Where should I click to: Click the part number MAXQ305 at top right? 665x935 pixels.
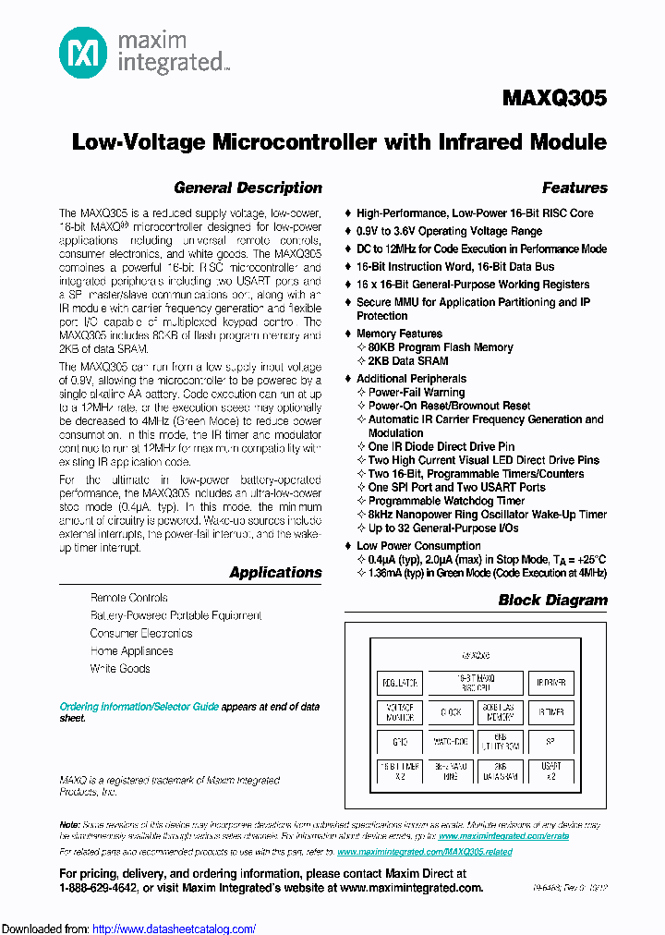(554, 98)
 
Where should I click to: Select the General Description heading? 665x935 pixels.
(248, 188)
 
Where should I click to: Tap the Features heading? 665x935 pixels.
(574, 188)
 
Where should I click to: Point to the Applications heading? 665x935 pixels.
(275, 572)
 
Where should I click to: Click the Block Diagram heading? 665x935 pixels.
(552, 600)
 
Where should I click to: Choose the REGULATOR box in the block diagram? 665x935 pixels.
(399, 684)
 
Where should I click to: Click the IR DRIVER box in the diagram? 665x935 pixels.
(550, 684)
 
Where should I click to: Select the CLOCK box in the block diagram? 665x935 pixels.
(450, 712)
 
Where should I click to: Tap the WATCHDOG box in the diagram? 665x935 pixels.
(450, 741)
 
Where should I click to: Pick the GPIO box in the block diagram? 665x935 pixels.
(399, 741)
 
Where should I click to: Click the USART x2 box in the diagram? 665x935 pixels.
(550, 771)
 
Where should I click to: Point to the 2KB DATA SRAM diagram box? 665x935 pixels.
(500, 771)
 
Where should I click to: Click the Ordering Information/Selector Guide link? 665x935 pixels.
(139, 706)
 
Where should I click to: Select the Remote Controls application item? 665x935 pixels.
(128, 598)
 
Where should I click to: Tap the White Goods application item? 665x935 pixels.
(120, 668)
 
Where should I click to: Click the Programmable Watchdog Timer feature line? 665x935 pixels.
(446, 501)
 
